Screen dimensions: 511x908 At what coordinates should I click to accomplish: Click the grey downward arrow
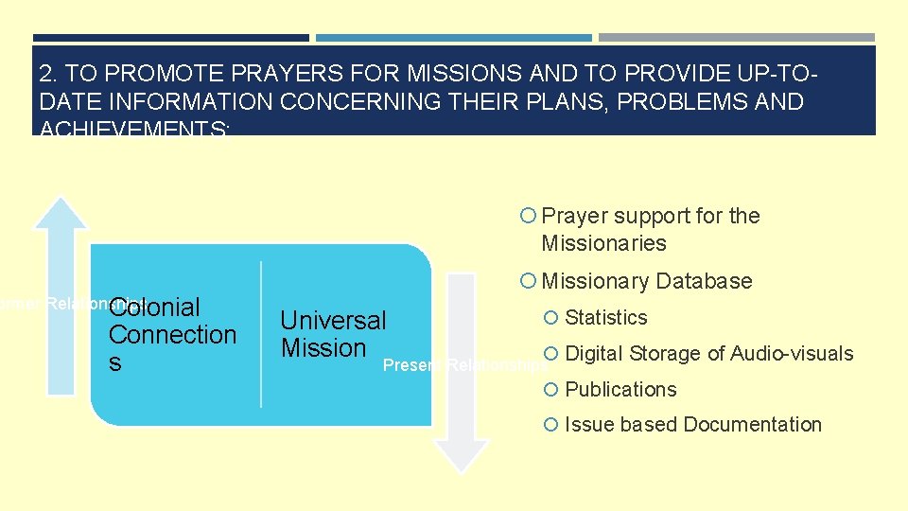tap(462, 369)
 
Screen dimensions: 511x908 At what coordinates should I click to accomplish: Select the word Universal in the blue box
tap(333, 321)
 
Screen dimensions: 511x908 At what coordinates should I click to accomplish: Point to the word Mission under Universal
tap(323, 348)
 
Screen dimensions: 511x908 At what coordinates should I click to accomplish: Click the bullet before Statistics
tap(551, 318)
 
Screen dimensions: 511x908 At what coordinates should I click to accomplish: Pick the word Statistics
tap(606, 318)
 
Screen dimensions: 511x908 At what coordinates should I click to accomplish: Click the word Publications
tap(620, 390)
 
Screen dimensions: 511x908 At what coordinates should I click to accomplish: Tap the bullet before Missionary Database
tap(528, 281)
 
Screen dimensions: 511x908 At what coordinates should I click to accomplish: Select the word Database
tap(704, 281)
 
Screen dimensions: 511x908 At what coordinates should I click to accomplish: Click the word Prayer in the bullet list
tap(570, 216)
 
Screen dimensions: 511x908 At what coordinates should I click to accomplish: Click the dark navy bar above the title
tap(170, 38)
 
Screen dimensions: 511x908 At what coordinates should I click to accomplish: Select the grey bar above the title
tap(736, 38)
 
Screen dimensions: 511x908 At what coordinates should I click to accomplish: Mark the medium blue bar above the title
tap(453, 38)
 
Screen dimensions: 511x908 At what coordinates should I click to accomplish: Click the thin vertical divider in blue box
tap(261, 334)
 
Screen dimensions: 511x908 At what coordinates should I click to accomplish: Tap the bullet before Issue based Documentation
tap(551, 425)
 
